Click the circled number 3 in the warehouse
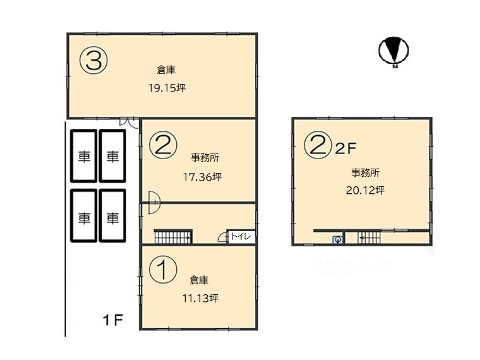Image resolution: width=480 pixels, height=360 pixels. point(93,61)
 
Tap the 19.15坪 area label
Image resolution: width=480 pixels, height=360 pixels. point(167,88)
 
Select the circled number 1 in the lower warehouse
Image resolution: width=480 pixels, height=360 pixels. point(163,270)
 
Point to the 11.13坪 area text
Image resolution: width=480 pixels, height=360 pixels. point(200,298)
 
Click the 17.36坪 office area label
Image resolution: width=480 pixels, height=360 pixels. point(202,177)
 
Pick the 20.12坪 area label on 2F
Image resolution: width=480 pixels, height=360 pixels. point(365,190)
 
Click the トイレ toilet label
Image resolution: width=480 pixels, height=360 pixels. point(241,236)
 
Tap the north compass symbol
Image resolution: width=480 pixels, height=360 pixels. point(393,51)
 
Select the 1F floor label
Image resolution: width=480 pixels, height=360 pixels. point(112,320)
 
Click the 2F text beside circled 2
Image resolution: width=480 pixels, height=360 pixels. point(345,149)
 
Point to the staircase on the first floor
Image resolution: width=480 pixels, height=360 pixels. point(173,237)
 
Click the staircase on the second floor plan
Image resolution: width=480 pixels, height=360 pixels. point(369,238)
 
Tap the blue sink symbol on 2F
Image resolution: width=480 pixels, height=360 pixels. point(338,240)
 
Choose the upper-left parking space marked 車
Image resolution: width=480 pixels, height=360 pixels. point(84,156)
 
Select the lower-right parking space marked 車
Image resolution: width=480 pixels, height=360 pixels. point(112,216)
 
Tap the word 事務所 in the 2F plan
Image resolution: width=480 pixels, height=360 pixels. point(365,173)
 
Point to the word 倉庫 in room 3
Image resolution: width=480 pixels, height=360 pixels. point(166,70)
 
